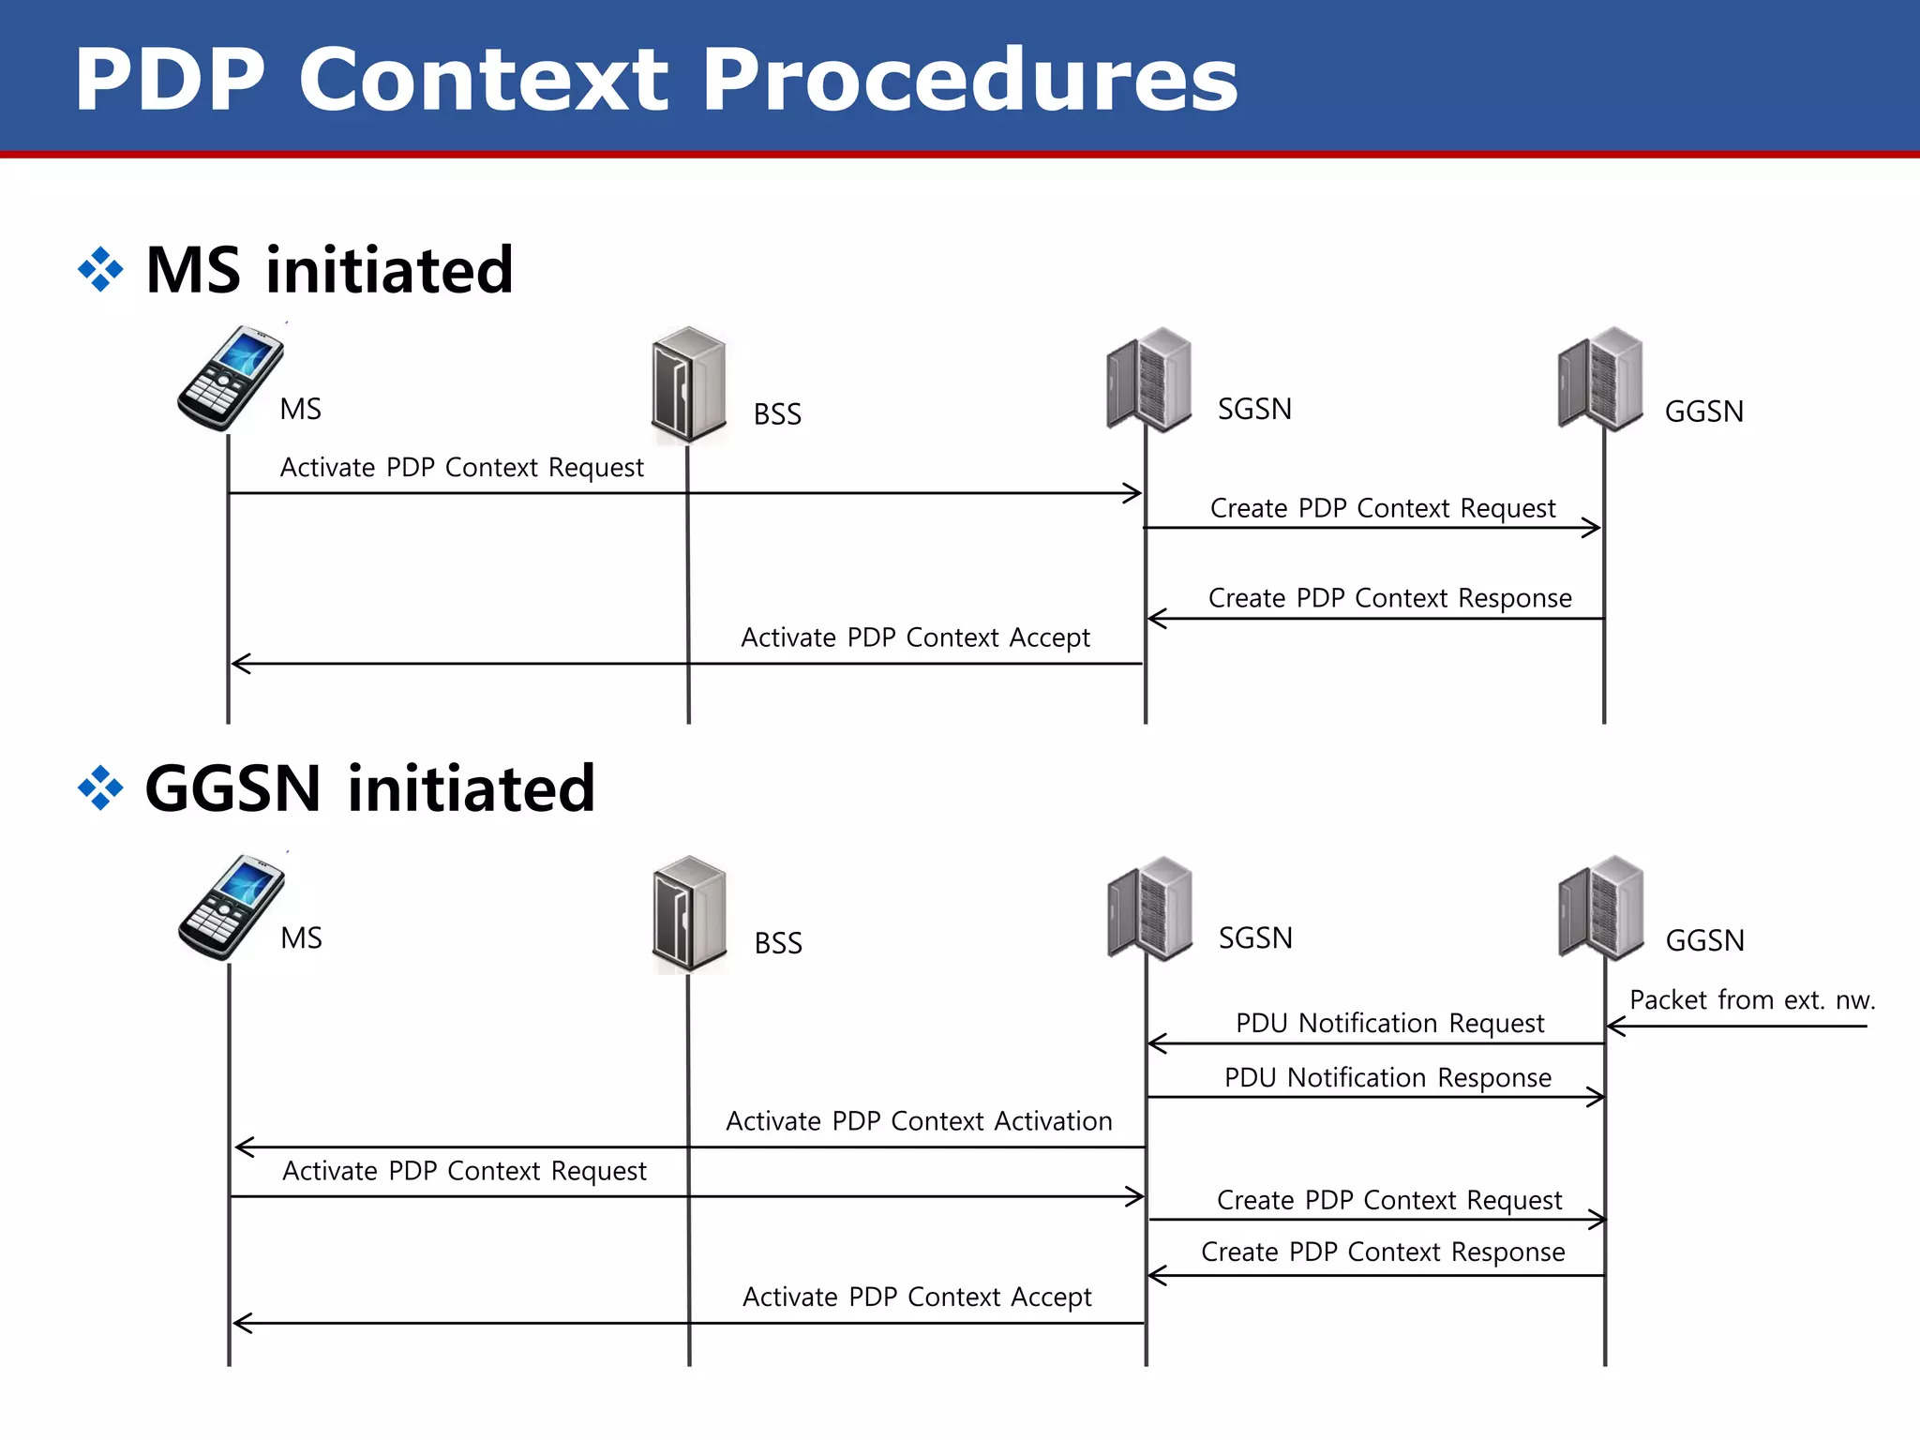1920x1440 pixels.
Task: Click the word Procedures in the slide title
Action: pyautogui.click(x=969, y=81)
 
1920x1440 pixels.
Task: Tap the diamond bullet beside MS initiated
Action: pyautogui.click(x=100, y=270)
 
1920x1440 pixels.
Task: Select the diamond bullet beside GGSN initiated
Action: pyautogui.click(x=100, y=788)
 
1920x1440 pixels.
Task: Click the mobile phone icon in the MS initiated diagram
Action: pyautogui.click(x=230, y=378)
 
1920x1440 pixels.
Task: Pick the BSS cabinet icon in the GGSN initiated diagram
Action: pyautogui.click(x=689, y=913)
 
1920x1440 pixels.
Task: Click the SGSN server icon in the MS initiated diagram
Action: pyautogui.click(x=1149, y=380)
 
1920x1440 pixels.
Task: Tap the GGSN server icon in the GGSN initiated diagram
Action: pyautogui.click(x=1601, y=907)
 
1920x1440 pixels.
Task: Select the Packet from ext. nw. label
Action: pyautogui.click(x=1751, y=999)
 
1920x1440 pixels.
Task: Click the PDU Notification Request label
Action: pyautogui.click(x=1389, y=1023)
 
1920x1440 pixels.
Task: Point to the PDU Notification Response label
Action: pyautogui.click(x=1387, y=1077)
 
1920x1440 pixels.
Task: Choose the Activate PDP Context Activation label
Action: pyautogui.click(x=919, y=1121)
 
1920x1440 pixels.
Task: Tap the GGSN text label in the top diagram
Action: pyautogui.click(x=1703, y=412)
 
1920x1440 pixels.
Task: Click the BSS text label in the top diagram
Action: pyautogui.click(x=777, y=414)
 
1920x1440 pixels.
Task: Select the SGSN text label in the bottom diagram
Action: pyautogui.click(x=1255, y=937)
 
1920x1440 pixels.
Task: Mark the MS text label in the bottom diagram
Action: pyautogui.click(x=301, y=937)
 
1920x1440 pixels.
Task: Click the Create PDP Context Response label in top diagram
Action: pyautogui.click(x=1389, y=598)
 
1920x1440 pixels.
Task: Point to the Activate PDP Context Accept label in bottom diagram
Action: pyautogui.click(x=917, y=1297)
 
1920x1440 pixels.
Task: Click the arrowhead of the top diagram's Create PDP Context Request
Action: pyautogui.click(x=1593, y=528)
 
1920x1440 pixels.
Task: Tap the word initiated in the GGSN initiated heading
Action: pyautogui.click(x=472, y=788)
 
